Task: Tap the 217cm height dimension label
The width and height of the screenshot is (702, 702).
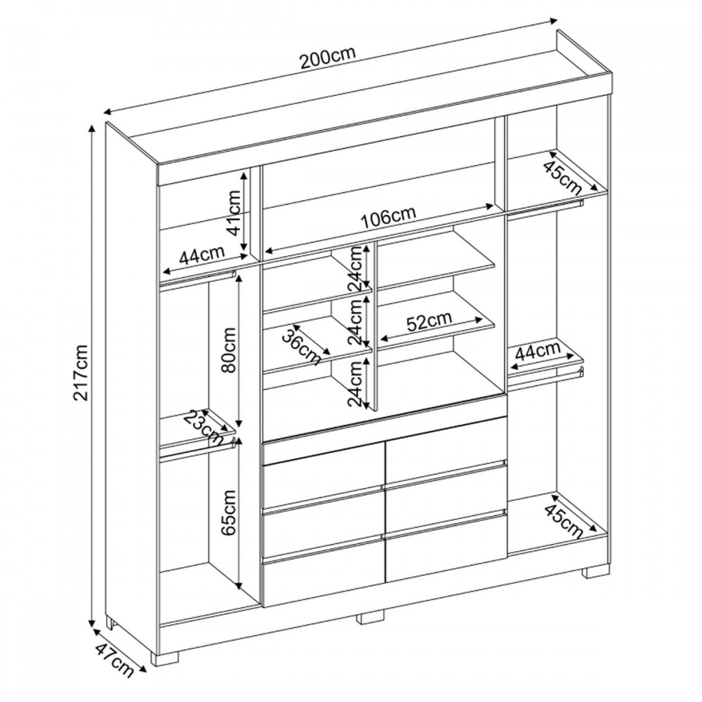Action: (x=82, y=372)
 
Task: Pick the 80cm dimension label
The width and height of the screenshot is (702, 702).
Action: (x=228, y=350)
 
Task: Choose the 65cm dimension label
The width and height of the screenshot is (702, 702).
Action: (x=228, y=512)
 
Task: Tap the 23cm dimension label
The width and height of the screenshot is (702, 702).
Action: (x=204, y=427)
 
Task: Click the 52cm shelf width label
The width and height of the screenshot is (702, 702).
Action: (x=429, y=321)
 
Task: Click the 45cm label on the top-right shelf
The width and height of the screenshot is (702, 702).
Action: (x=562, y=178)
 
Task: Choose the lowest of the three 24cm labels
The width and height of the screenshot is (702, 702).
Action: (x=356, y=384)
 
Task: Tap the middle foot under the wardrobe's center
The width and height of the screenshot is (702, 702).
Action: (x=370, y=617)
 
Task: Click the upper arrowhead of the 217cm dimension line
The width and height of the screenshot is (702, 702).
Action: (x=92, y=129)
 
